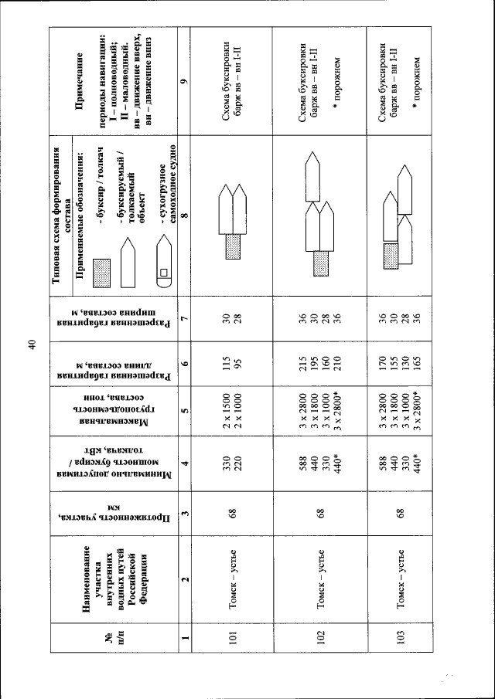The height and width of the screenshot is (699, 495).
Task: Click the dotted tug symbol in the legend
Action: click(x=104, y=272)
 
